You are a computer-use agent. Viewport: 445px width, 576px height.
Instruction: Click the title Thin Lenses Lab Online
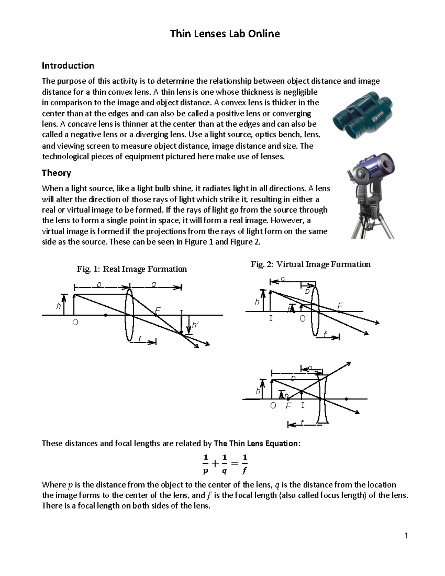[x=225, y=34]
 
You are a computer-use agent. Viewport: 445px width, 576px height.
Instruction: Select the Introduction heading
[x=68, y=66]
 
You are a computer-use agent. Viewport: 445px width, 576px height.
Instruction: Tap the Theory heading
[x=56, y=173]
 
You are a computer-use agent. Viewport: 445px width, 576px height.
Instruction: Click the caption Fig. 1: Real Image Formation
[x=132, y=269]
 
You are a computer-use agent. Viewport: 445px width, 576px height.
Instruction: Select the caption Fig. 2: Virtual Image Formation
[x=310, y=264]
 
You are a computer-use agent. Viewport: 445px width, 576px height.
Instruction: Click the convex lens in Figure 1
[x=129, y=315]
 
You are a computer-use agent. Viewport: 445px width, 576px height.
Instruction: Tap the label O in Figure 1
[x=75, y=323]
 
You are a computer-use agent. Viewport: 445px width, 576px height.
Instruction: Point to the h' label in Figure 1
[x=195, y=325]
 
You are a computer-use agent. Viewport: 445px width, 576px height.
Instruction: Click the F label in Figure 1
[x=158, y=310]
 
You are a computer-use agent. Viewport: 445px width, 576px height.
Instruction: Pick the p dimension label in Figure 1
[x=99, y=284]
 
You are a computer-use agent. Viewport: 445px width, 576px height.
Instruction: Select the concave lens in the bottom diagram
[x=323, y=399]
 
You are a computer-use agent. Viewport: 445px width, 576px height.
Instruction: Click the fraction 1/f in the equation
[x=244, y=464]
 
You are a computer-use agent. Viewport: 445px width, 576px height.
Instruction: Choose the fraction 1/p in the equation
[x=205, y=464]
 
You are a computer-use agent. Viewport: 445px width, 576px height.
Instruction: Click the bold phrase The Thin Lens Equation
[x=256, y=443]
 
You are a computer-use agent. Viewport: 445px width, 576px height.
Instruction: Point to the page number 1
[x=406, y=536]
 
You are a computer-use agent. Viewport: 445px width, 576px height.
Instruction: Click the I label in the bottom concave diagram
[x=303, y=405]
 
